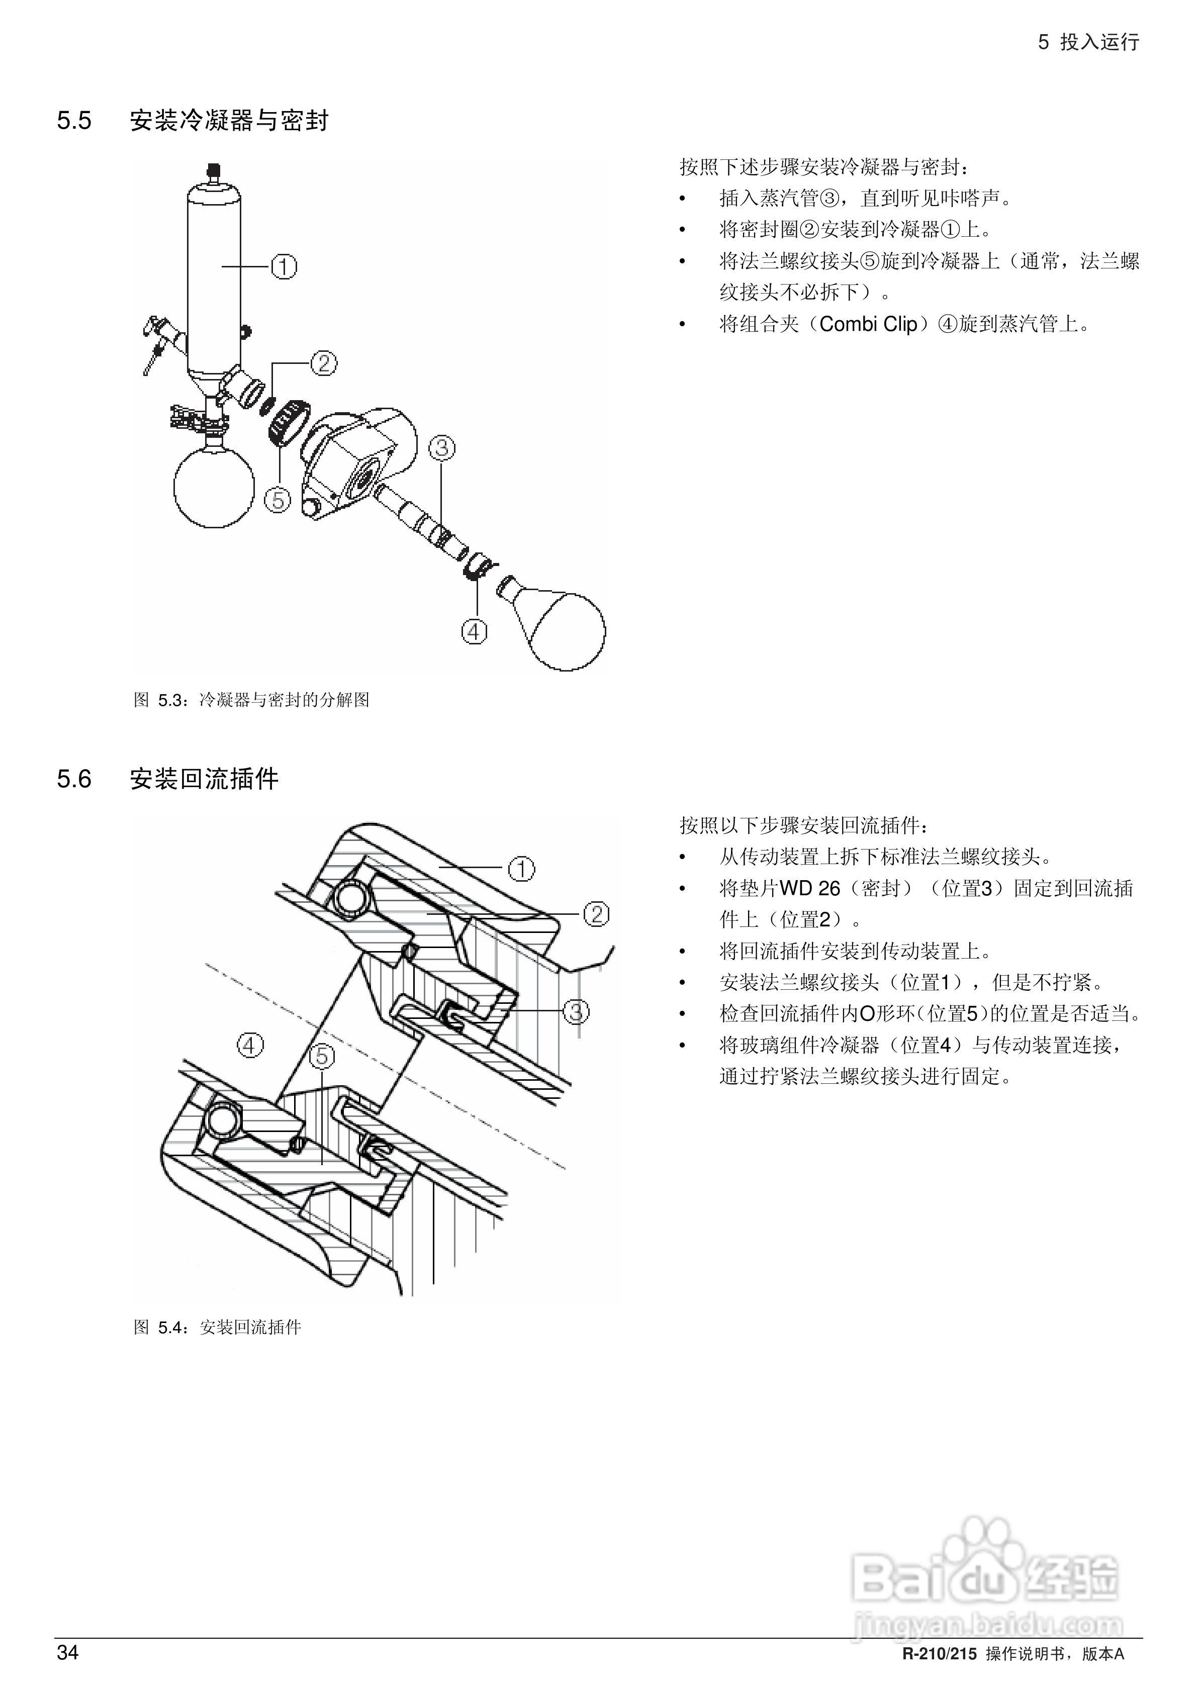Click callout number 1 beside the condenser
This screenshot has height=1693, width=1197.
[284, 266]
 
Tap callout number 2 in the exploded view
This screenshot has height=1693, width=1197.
[323, 363]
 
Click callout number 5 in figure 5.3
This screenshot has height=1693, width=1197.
[278, 501]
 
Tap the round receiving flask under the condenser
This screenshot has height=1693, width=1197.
[213, 487]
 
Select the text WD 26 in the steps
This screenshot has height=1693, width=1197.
[809, 889]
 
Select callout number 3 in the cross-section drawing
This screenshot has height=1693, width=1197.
[575, 1012]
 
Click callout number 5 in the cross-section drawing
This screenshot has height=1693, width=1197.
[322, 1057]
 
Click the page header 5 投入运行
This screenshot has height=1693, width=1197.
[1088, 42]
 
